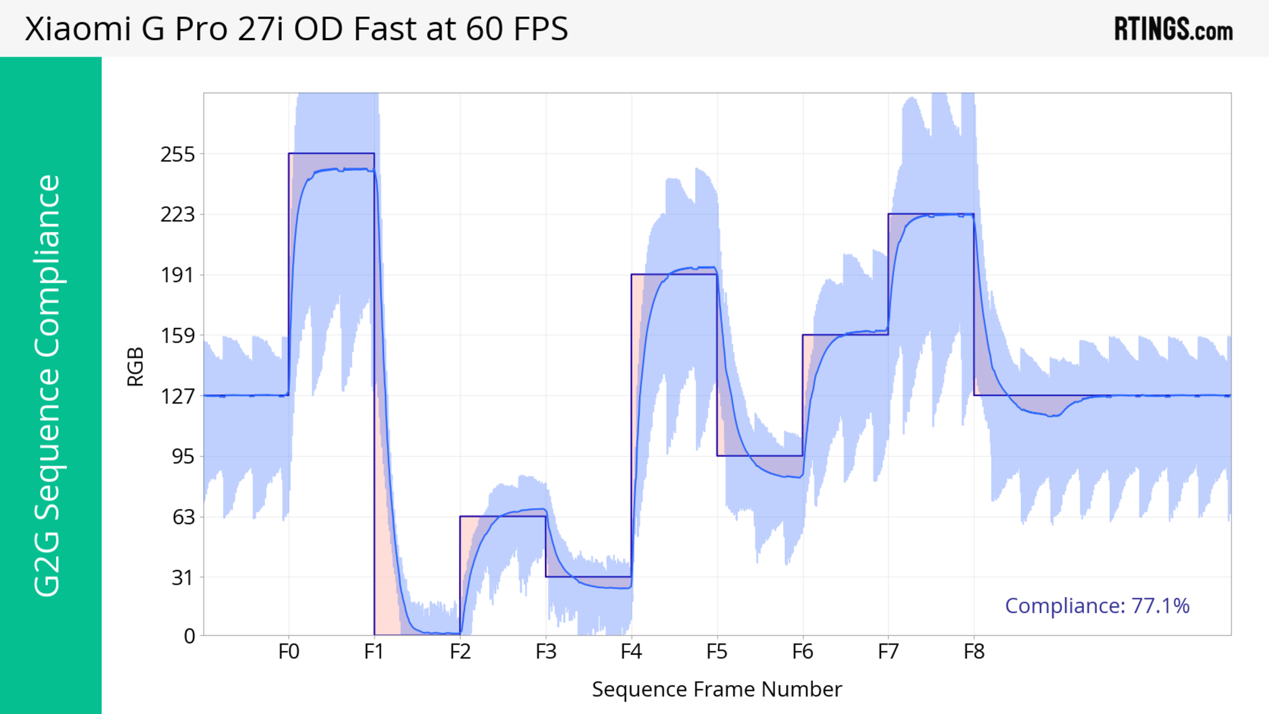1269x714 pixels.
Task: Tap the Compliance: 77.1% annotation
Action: [x=1097, y=606]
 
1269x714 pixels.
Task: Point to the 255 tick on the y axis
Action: [x=178, y=155]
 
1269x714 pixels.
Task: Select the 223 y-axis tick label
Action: [x=178, y=215]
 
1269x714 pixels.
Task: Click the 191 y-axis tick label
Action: [x=178, y=275]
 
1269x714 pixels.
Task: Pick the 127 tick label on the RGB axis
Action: [x=178, y=396]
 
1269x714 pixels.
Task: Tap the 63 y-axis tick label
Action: [x=183, y=517]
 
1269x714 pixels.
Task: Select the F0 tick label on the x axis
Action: [x=289, y=652]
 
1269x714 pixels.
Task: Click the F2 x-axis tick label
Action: [x=460, y=652]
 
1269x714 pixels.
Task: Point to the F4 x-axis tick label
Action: [x=631, y=652]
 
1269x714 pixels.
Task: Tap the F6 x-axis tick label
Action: [x=802, y=652]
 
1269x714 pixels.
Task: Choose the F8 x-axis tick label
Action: [x=974, y=652]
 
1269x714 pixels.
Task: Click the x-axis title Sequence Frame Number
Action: [x=717, y=689]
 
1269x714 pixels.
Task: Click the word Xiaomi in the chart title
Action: [x=78, y=28]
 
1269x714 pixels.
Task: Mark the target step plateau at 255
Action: [x=331, y=154]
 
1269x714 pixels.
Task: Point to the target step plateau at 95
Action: [x=760, y=456]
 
